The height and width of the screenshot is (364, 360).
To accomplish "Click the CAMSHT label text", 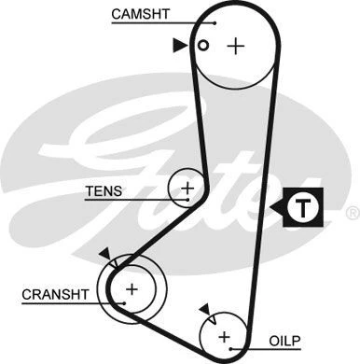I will [139, 14].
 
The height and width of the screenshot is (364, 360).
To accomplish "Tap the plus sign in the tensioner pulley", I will [187, 189].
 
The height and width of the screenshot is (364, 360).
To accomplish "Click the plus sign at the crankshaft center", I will [132, 289].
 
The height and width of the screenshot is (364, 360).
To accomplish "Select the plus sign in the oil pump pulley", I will [223, 336].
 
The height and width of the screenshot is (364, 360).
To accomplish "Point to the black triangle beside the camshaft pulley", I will [179, 44].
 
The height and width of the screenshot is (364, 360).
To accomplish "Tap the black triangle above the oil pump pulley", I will [202, 308].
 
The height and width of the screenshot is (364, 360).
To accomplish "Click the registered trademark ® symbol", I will [351, 214].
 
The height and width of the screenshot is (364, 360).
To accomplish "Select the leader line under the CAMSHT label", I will [159, 23].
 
